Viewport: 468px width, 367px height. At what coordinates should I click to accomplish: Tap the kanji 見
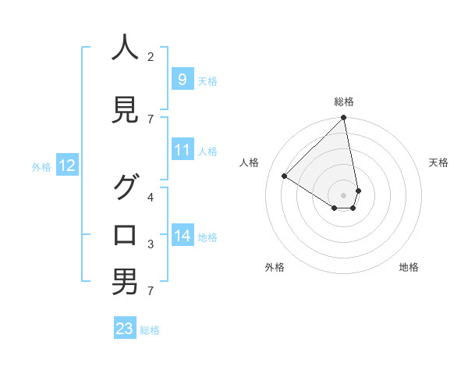coord(125,110)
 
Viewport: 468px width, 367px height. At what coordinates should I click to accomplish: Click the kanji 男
coord(125,281)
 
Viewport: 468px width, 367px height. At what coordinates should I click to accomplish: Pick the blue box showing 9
coord(182,80)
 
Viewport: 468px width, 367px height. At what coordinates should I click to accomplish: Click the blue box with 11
coord(183,150)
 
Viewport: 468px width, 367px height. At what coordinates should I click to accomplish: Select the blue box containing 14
coord(183,236)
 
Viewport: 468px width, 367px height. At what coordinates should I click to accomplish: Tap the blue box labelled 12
coord(66,166)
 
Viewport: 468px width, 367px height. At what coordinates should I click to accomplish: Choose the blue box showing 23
coord(125,329)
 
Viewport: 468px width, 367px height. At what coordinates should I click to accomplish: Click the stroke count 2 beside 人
coord(151,56)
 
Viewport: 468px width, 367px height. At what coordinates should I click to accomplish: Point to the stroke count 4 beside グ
coord(151,197)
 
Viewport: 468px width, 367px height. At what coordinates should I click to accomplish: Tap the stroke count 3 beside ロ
coord(151,244)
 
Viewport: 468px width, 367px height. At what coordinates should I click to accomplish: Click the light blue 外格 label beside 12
coord(41,166)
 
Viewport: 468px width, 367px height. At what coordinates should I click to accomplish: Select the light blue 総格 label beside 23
coord(150,330)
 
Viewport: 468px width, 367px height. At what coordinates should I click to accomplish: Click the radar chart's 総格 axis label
coord(344,102)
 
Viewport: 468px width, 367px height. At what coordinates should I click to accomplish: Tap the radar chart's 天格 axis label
coord(439,162)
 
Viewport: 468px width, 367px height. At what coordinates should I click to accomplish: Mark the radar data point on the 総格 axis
coord(344,118)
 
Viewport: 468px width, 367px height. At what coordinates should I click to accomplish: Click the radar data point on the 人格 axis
coord(285,176)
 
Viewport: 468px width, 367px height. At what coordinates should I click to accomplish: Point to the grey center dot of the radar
coord(344,195)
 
